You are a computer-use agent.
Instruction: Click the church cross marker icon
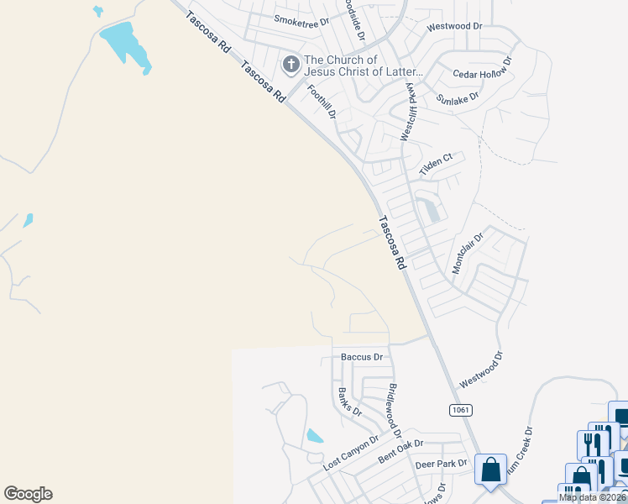pyautogui.click(x=291, y=65)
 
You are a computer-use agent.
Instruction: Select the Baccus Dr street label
pyautogui.click(x=362, y=357)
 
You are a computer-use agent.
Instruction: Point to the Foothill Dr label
pyautogui.click(x=321, y=102)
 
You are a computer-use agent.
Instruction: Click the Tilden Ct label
pyautogui.click(x=436, y=159)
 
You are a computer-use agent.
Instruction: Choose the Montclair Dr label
pyautogui.click(x=468, y=252)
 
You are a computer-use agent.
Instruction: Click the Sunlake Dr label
pyautogui.click(x=457, y=97)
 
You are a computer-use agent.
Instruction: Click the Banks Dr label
pyautogui.click(x=348, y=402)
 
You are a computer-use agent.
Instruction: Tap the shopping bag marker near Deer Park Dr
pyautogui.click(x=490, y=470)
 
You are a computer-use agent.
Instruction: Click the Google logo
pyautogui.click(x=28, y=494)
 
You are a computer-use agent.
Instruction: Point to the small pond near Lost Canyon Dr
pyautogui.click(x=314, y=436)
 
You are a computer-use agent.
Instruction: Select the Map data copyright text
pyautogui.click(x=593, y=497)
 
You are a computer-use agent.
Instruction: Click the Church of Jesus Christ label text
pyautogui.click(x=353, y=65)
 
